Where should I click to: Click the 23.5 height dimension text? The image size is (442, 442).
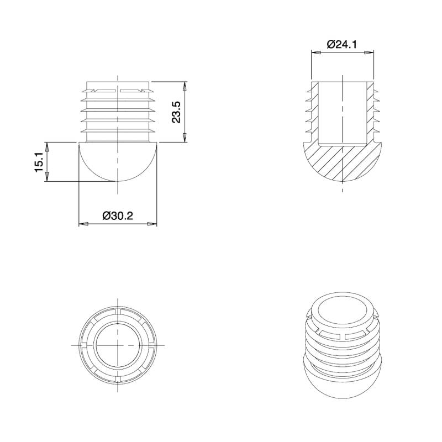tap(176, 112)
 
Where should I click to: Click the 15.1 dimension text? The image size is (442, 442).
tap(39, 163)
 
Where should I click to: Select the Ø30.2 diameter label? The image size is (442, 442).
tap(118, 216)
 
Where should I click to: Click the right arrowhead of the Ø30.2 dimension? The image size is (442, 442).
tap(153, 224)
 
